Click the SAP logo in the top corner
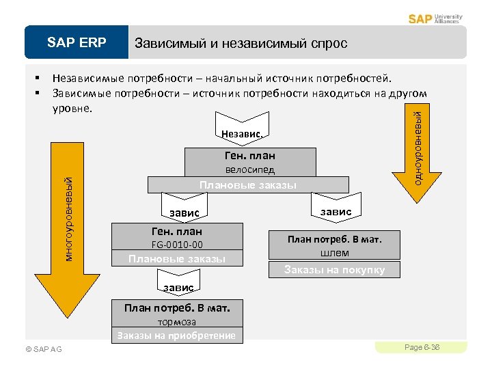420,18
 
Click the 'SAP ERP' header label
77,43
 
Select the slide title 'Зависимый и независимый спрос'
241,43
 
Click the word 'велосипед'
250,169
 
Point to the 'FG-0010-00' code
176,244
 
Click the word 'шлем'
334,252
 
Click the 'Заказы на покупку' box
334,269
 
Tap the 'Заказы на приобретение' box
176,335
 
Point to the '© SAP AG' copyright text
43,349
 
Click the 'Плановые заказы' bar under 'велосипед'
247,185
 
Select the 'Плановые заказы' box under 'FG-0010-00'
176,258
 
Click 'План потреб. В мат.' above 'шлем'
334,239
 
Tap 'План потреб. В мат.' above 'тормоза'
176,308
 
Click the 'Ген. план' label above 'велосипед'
250,156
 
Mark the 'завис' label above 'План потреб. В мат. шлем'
336,212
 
